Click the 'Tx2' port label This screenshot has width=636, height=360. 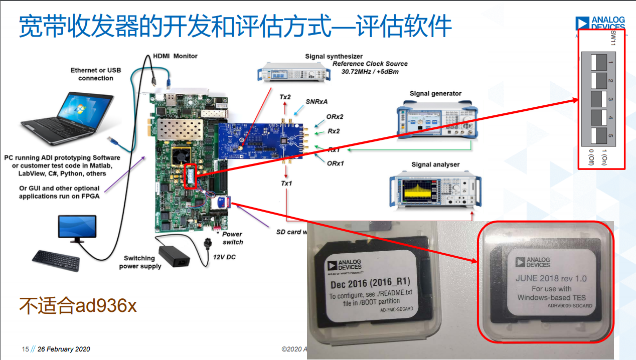[x=285, y=97]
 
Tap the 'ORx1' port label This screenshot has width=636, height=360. [x=335, y=163]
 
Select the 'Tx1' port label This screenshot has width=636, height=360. [x=286, y=184]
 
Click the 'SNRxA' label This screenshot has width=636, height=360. [x=316, y=102]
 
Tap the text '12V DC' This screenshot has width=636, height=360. [x=224, y=257]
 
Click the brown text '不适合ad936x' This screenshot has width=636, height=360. [x=78, y=305]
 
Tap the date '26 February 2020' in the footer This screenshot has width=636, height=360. [x=64, y=349]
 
